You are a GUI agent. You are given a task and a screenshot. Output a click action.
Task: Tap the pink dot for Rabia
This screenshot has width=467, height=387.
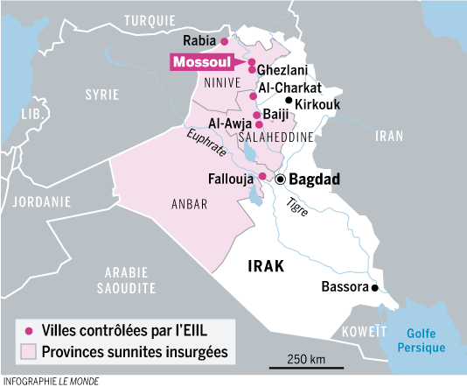224,41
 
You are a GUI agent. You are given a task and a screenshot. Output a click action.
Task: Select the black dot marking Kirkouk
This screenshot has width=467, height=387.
288,102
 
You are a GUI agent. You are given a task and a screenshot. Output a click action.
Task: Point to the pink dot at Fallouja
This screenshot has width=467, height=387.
261,177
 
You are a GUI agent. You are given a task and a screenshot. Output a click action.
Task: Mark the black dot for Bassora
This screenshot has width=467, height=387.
374,287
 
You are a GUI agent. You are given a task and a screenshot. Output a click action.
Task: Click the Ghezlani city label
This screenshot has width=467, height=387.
282,69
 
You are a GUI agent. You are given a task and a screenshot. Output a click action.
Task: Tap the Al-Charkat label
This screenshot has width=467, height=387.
289,88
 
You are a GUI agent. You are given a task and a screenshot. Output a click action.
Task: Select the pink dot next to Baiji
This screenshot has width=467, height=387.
255,115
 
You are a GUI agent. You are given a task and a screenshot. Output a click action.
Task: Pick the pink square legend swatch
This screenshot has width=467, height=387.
28,352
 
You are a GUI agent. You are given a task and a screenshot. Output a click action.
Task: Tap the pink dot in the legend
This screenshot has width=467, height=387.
28,332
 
